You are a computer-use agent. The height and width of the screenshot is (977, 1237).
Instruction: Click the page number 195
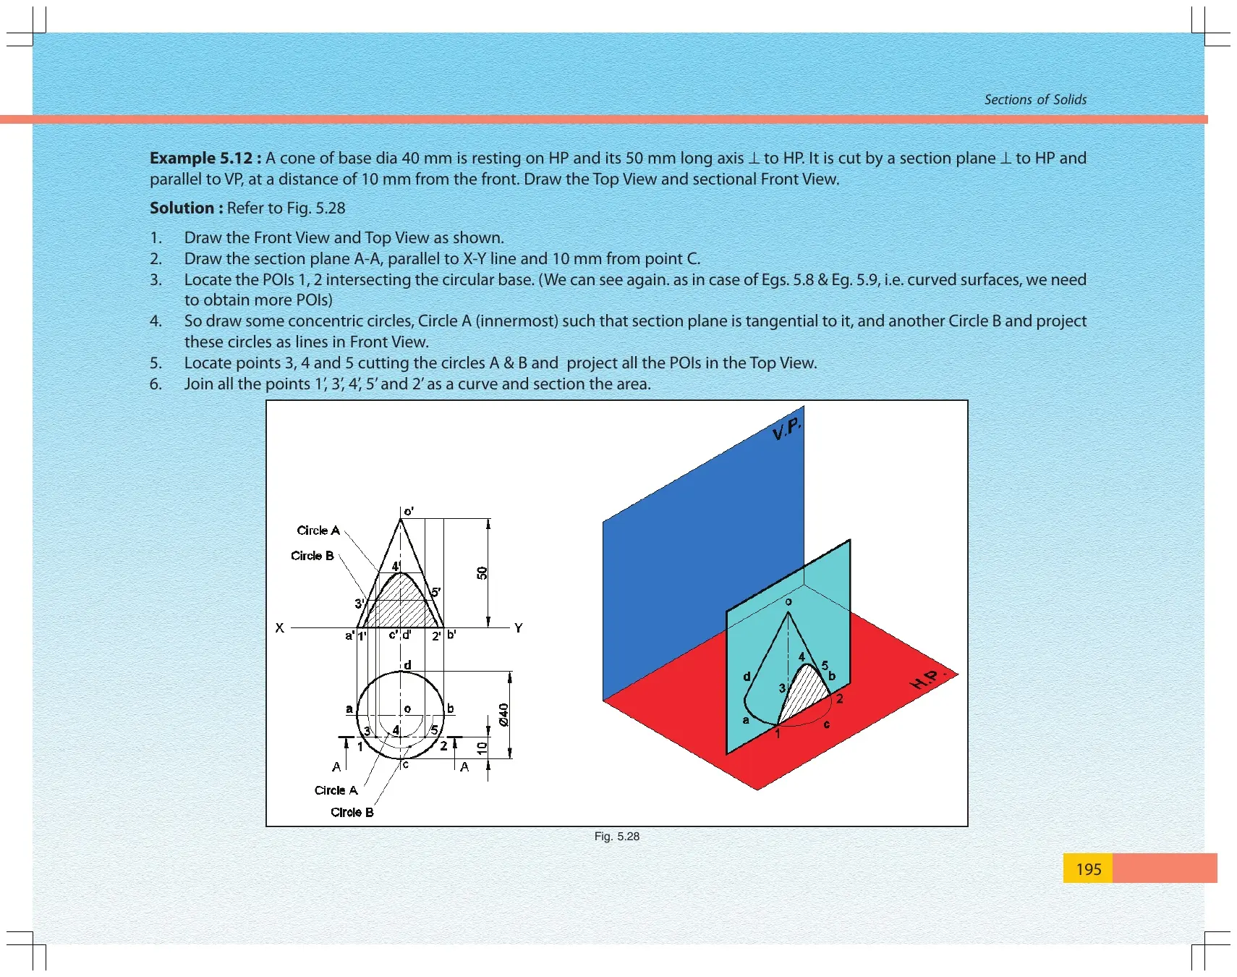(x=1088, y=868)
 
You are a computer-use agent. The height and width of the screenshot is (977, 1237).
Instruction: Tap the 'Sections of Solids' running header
(x=1035, y=100)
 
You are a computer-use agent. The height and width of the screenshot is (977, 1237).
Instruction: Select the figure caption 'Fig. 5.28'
(x=616, y=837)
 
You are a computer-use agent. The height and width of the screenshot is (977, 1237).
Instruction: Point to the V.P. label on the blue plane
(x=786, y=429)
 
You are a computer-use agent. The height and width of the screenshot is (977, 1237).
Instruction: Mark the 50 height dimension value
(x=483, y=573)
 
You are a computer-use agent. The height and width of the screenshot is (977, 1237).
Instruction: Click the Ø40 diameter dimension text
(x=503, y=715)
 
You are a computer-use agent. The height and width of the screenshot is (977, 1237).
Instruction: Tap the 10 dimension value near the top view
(x=482, y=748)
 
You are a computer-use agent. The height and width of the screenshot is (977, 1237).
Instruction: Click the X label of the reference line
(x=279, y=628)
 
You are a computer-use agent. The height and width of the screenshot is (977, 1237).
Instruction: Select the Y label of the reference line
(x=518, y=628)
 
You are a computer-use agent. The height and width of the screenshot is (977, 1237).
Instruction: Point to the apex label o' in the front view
(x=409, y=511)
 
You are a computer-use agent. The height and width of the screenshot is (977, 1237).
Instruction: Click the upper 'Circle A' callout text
(x=318, y=530)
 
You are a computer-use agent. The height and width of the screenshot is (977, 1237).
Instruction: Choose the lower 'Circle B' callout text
(x=352, y=812)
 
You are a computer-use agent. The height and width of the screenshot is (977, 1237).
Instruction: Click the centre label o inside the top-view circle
(x=407, y=709)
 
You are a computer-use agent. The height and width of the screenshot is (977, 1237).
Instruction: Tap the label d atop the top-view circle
(x=407, y=664)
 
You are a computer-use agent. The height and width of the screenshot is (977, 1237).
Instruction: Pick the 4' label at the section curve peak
(x=396, y=566)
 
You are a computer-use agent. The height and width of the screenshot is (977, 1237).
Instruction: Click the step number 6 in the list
(x=156, y=384)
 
